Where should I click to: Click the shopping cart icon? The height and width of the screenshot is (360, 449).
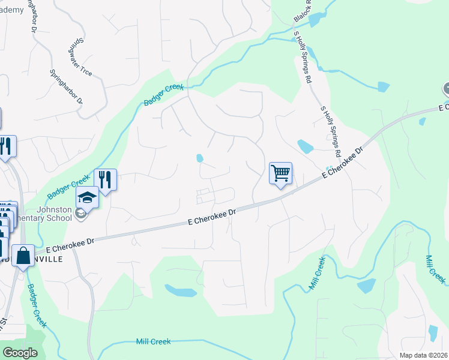pos(280,173)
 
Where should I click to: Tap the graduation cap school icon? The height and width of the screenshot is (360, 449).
pos(87,197)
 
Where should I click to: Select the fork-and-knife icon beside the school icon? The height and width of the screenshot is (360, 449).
pos(105,179)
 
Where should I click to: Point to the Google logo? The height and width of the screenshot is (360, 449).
pos(20,353)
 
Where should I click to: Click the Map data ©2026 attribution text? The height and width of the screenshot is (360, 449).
pos(423,355)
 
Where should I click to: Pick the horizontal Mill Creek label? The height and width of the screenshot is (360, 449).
pos(153,341)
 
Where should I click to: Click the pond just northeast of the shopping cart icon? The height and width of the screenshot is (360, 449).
pos(305,146)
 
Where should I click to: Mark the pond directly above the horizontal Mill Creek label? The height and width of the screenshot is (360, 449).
pos(180,291)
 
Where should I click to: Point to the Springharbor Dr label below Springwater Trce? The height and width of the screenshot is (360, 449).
pos(66,86)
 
